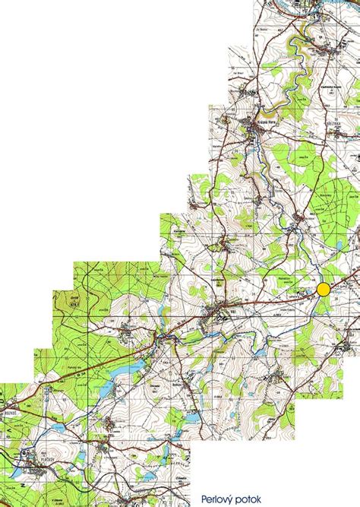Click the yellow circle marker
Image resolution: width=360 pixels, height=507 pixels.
[x=324, y=289]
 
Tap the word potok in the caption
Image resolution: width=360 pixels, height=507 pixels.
[x=250, y=499]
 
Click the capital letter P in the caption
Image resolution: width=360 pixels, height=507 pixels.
[x=204, y=499]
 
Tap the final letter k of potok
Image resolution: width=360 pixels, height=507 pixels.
[x=259, y=499]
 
